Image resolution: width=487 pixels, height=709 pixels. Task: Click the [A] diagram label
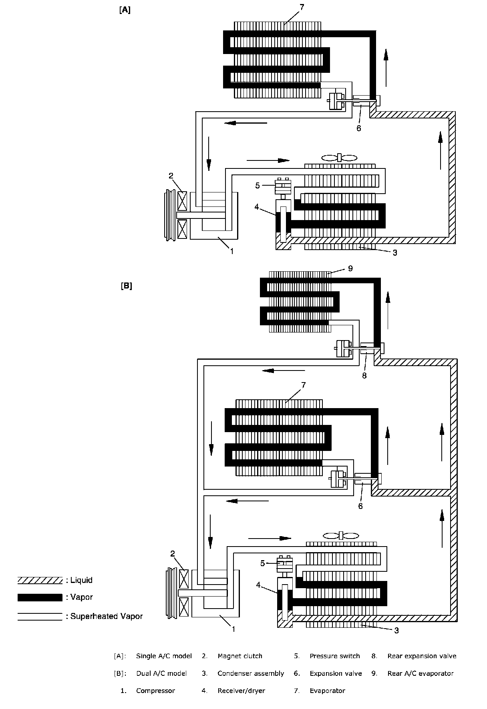click(x=125, y=10)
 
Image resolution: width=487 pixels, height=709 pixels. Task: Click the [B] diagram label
click(x=126, y=286)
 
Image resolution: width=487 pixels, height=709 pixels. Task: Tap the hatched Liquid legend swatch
click(x=40, y=580)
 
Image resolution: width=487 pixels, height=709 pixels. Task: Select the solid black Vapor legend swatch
click(x=40, y=597)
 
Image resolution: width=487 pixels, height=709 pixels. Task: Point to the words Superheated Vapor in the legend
click(x=107, y=616)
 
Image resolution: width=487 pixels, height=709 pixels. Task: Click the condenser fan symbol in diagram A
click(x=339, y=158)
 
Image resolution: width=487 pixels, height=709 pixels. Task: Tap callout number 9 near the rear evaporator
click(x=350, y=268)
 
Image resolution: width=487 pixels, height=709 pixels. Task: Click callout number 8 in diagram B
click(x=364, y=376)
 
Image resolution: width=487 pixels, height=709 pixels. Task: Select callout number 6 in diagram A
click(x=359, y=128)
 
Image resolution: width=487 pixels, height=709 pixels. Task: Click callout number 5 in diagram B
click(x=263, y=563)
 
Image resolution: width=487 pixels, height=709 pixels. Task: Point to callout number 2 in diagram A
click(x=171, y=176)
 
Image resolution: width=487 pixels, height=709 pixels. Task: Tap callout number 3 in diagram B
click(x=396, y=631)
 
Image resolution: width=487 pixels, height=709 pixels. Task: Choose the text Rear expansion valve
click(x=422, y=656)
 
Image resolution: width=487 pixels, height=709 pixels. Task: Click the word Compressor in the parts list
click(x=155, y=691)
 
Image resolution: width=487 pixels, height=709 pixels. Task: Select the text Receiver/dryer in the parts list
click(x=241, y=691)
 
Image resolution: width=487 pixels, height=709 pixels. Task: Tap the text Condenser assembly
click(x=251, y=673)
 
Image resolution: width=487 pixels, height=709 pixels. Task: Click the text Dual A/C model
click(x=161, y=673)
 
